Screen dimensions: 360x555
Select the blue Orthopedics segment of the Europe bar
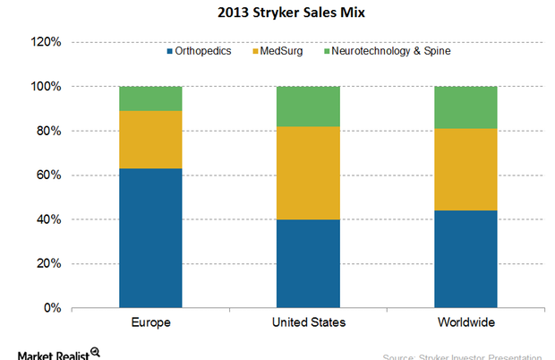tap(150, 238)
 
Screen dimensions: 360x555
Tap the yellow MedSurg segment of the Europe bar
tap(150, 140)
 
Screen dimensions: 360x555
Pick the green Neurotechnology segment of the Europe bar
tap(150, 99)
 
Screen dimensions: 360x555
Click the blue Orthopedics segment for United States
tap(309, 263)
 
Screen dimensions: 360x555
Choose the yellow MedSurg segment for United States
tap(309, 173)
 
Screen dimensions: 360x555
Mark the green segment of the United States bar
tap(309, 107)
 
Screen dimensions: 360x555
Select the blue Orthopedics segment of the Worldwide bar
tap(466, 259)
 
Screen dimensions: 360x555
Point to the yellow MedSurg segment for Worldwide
tap(466, 169)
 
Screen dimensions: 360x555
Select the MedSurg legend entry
tap(279, 51)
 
